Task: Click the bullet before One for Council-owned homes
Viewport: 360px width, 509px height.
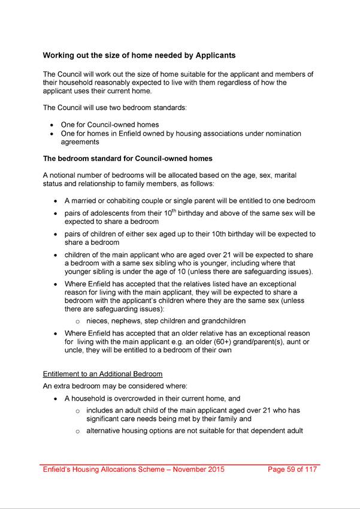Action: (x=53, y=125)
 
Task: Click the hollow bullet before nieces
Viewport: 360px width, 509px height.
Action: (x=78, y=321)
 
